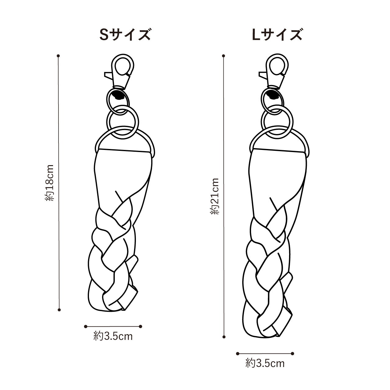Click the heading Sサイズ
click(125, 35)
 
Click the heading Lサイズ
click(277, 35)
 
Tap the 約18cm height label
click(49, 183)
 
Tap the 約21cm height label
click(214, 196)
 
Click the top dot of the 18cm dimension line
click(58, 56)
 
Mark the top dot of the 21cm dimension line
click(223, 56)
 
